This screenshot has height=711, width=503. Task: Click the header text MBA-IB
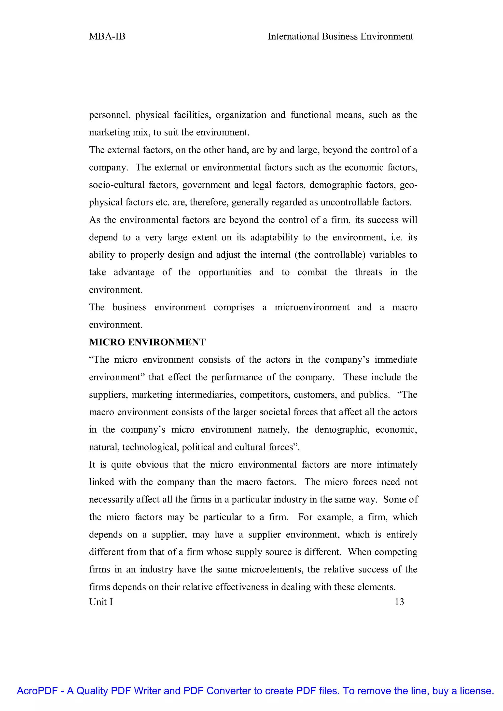pos(107,37)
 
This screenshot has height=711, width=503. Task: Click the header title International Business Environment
pos(340,37)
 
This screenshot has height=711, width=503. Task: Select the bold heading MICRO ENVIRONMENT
pos(147,342)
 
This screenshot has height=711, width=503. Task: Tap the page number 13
pos(399,602)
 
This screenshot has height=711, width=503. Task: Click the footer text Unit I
pos(101,602)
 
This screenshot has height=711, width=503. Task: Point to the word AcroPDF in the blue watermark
pos(37,691)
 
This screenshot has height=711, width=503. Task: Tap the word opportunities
pos(225,273)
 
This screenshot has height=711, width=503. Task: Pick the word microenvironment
pos(312,307)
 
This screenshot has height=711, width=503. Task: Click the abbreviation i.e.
pos(397,237)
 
